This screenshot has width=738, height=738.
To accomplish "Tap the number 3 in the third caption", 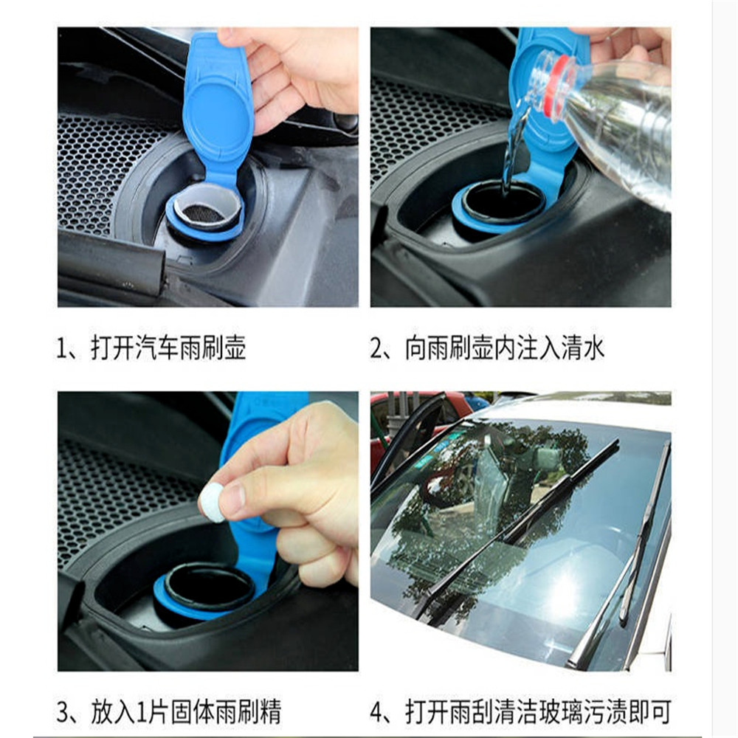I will (x=64, y=713).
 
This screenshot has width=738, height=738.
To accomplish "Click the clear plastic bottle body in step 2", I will (x=627, y=125).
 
